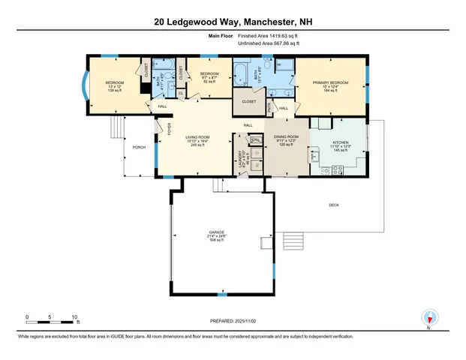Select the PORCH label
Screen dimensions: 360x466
[x=139, y=147]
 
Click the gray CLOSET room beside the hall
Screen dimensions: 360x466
[x=248, y=101]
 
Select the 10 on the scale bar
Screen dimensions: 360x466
[x=74, y=316]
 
